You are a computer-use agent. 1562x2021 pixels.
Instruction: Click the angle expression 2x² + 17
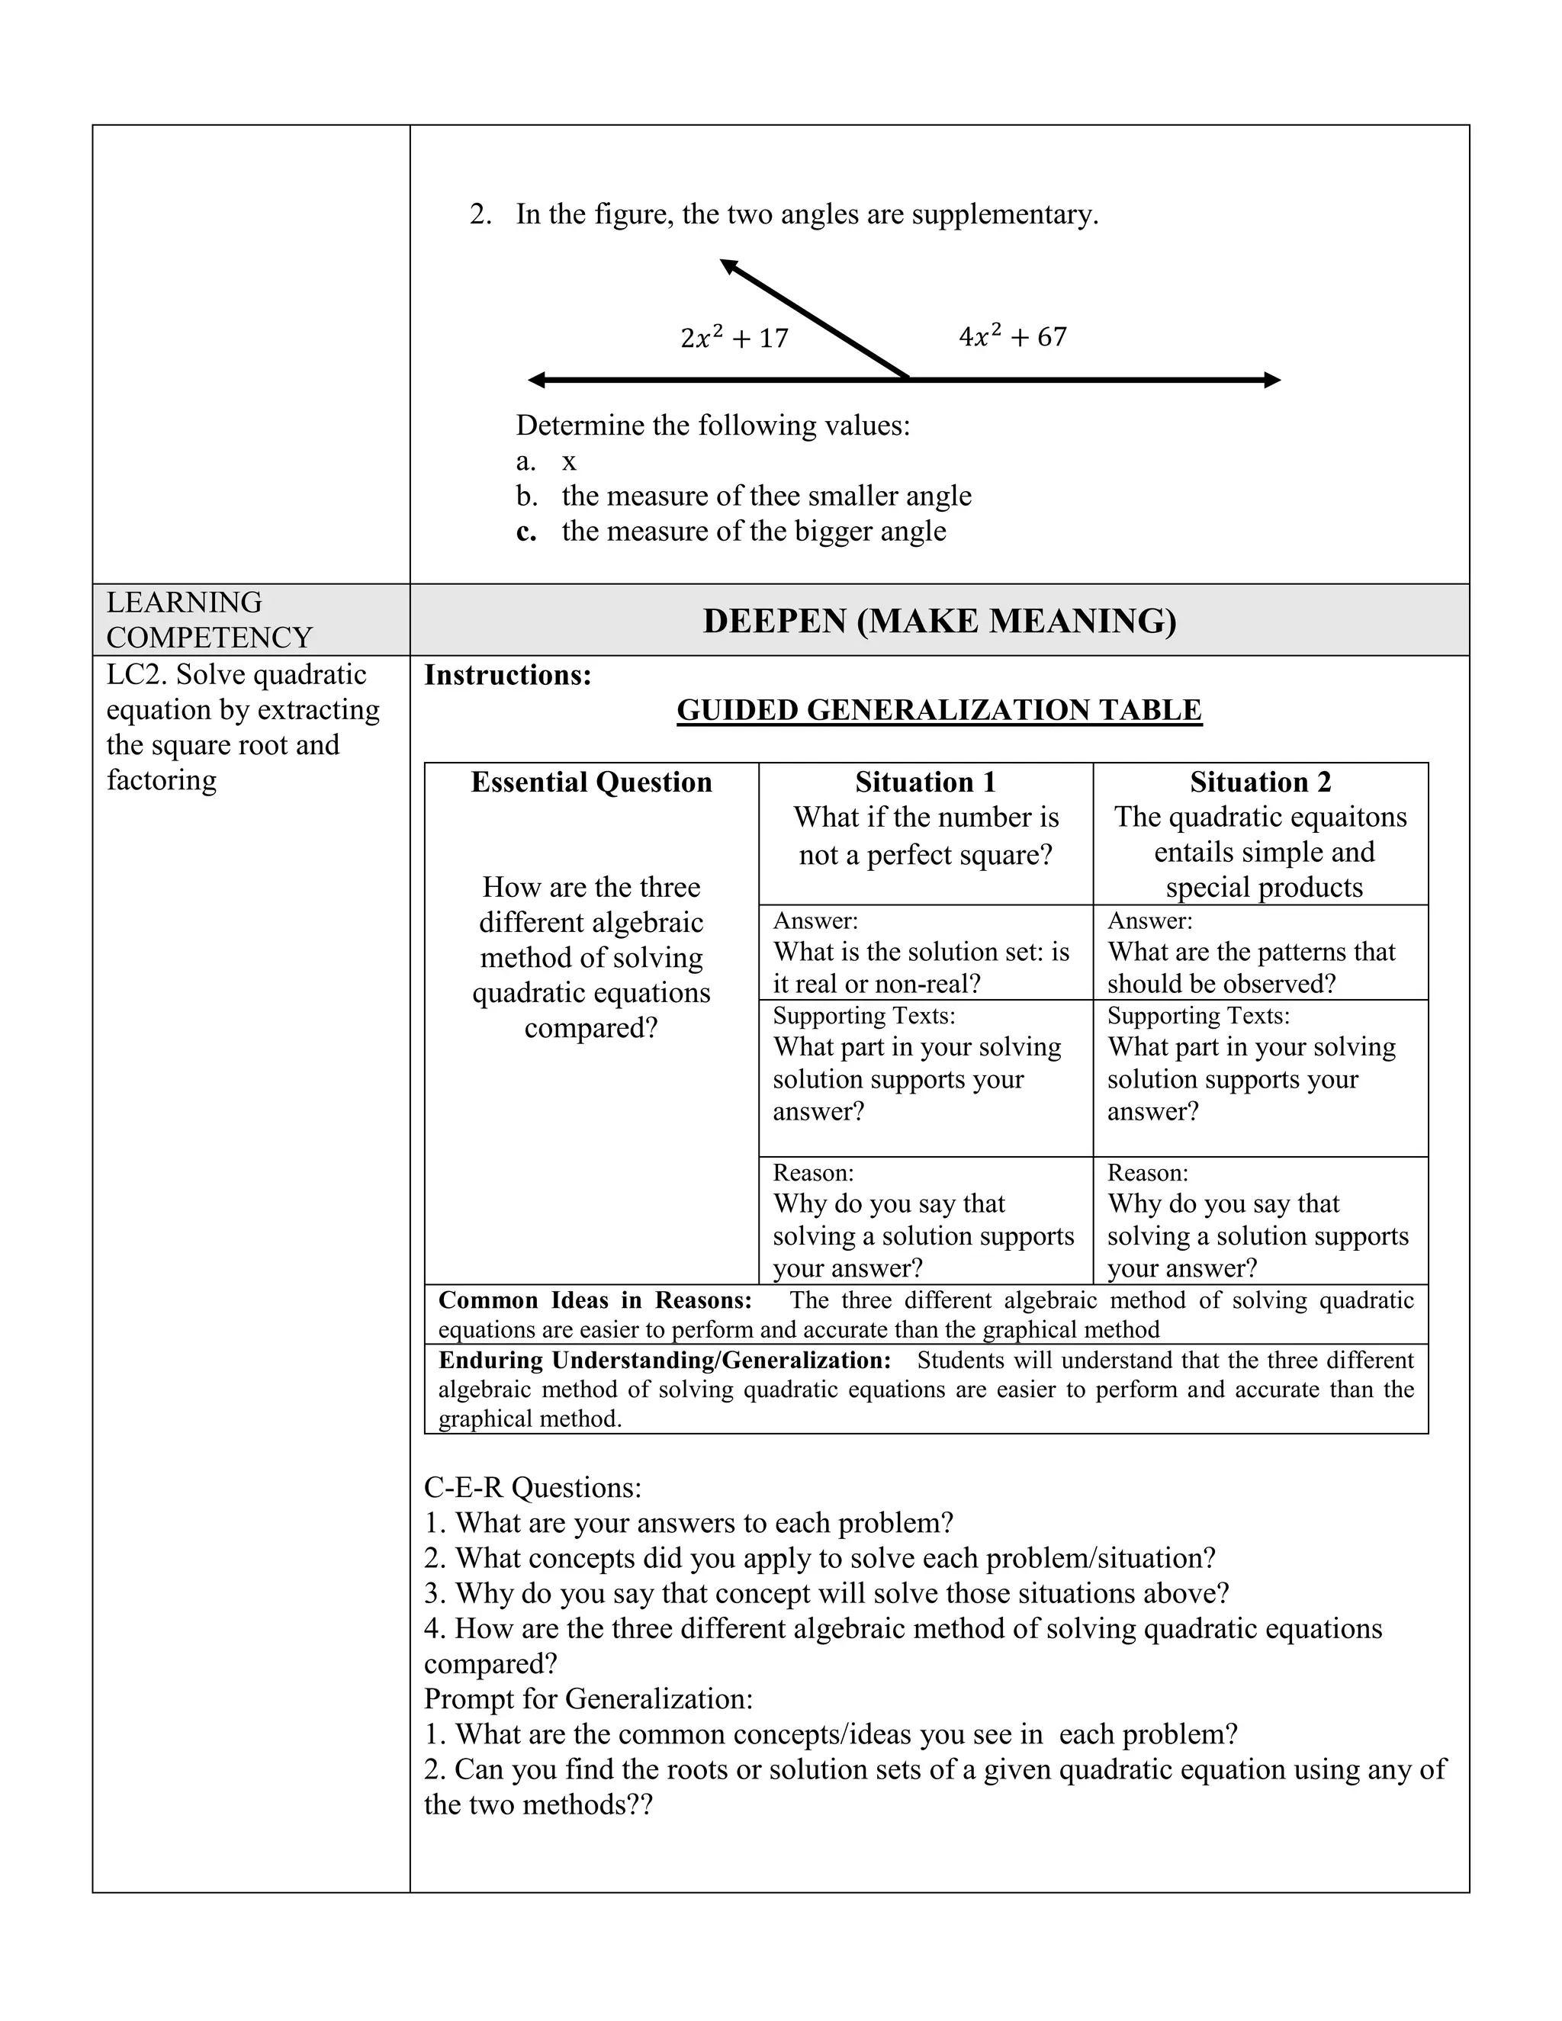point(734,338)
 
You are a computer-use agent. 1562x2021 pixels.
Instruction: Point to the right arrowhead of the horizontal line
point(1271,379)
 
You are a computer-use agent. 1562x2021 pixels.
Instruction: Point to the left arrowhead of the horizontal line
point(537,379)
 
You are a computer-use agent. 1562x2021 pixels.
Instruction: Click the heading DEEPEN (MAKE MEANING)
point(939,620)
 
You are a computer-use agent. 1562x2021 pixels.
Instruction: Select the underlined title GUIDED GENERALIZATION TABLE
point(939,710)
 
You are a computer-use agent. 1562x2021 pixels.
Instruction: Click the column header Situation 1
point(925,782)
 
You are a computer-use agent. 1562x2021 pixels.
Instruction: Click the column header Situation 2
point(1260,782)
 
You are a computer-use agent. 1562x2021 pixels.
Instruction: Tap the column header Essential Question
point(591,782)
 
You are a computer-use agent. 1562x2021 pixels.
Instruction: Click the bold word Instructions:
point(507,675)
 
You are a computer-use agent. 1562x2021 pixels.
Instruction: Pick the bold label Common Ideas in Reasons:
point(594,1300)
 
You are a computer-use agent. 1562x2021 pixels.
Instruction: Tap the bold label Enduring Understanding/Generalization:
point(664,1361)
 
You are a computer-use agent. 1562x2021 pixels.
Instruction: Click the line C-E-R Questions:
point(532,1487)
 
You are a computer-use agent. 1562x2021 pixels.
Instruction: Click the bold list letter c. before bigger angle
point(525,531)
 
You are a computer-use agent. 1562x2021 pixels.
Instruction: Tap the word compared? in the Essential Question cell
point(590,1028)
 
